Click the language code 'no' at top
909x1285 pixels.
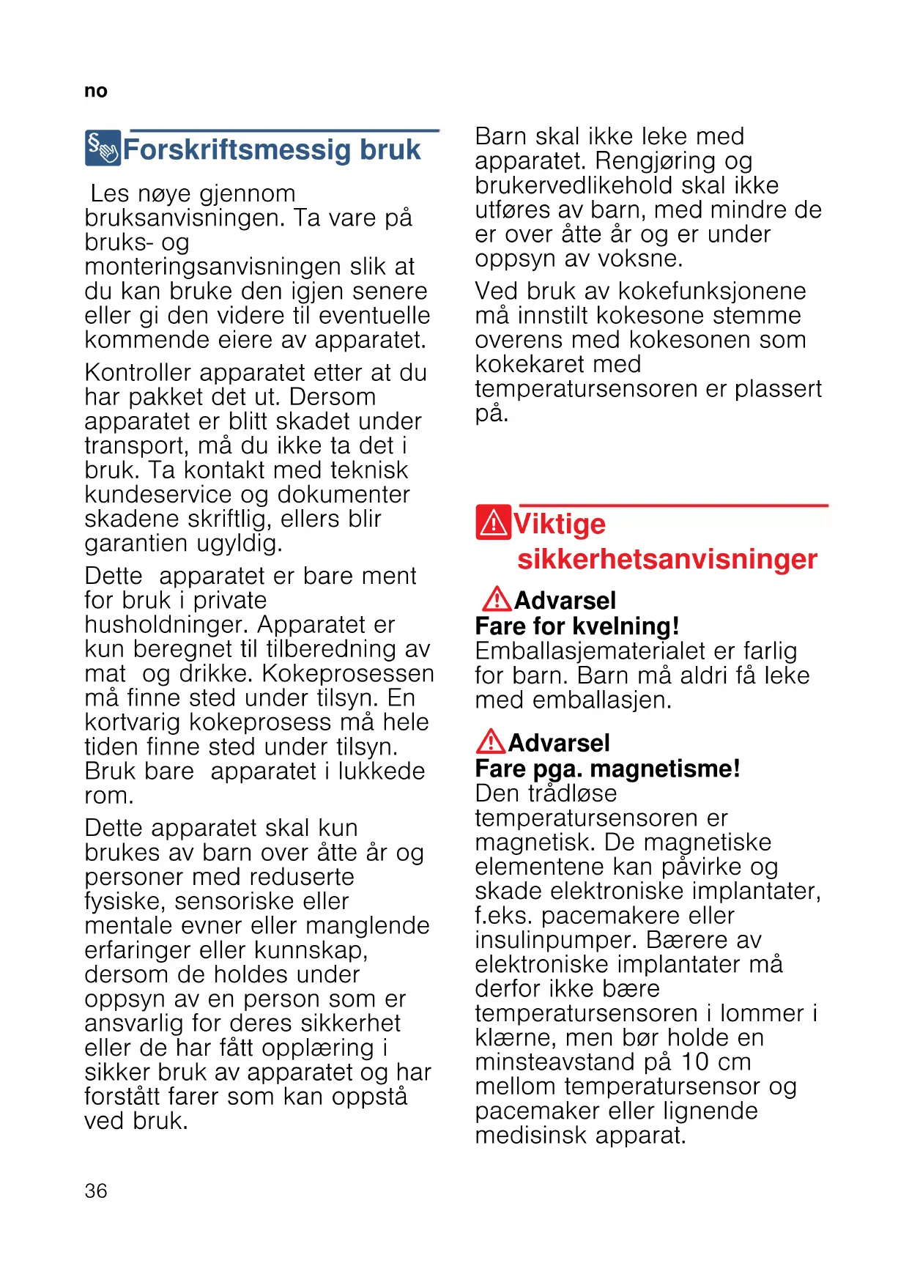(x=95, y=91)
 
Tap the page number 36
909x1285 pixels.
(x=95, y=1190)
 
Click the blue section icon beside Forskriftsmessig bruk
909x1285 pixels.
(x=103, y=148)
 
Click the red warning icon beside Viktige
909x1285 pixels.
(x=493, y=522)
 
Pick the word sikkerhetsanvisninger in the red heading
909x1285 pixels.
(x=667, y=559)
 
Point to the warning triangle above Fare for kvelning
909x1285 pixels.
(x=497, y=599)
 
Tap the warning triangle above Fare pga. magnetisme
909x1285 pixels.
(x=490, y=741)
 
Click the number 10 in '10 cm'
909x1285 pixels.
(x=695, y=1062)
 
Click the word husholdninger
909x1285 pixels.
(x=167, y=625)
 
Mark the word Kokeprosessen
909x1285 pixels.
(x=348, y=673)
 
